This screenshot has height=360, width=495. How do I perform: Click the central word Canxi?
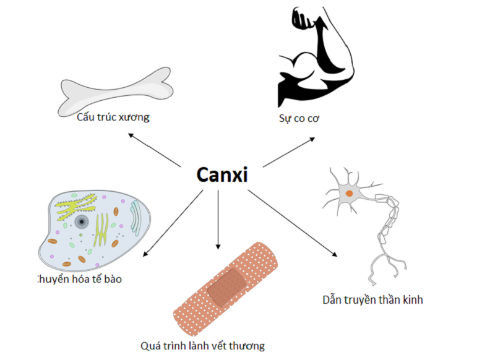222,174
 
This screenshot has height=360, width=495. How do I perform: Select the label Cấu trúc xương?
113,117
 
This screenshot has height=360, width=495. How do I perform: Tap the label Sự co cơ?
299,118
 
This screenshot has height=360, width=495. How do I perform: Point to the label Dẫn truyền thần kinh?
372,300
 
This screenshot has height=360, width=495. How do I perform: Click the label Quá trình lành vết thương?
202,346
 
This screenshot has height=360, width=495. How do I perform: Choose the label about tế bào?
80,279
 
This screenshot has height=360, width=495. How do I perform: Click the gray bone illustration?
116,92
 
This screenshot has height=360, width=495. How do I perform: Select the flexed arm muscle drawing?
315,57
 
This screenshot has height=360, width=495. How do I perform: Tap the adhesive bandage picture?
226,289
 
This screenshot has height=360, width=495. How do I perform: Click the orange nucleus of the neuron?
349,194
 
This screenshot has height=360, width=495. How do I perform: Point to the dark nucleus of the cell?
82,222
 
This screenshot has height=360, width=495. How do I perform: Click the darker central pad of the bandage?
227,287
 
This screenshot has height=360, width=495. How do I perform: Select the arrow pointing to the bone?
154,150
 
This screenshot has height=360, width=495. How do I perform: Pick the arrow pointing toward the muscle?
289,152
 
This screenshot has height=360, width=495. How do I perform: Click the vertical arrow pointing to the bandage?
218,220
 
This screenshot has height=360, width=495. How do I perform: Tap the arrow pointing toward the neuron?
292,223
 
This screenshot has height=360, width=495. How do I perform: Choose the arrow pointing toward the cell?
173,223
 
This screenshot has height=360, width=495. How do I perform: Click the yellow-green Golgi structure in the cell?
75,207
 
